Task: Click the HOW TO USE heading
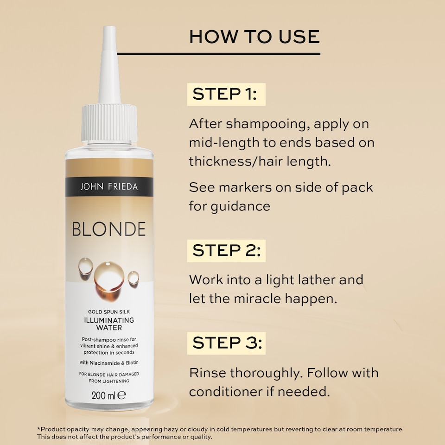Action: coord(254,37)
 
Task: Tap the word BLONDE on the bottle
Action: coord(109,229)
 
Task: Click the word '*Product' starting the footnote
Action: coord(52,430)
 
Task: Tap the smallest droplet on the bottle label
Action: coord(133,277)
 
